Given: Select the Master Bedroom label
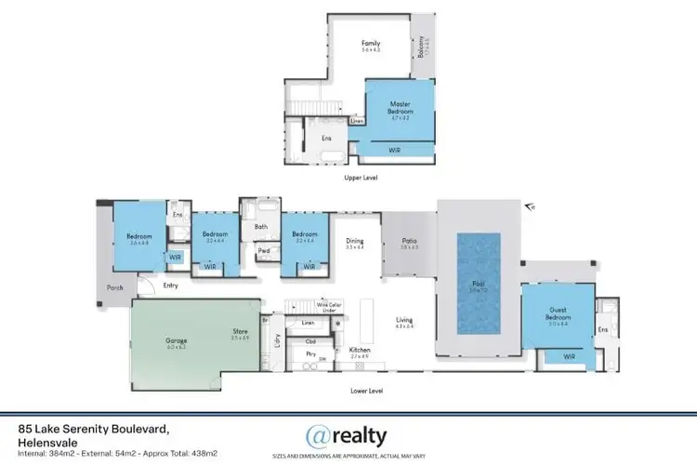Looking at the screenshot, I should [x=400, y=112].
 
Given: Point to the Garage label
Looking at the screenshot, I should [x=177, y=341].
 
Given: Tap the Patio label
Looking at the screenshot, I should [x=409, y=241].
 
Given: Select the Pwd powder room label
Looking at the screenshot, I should [x=264, y=250].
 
